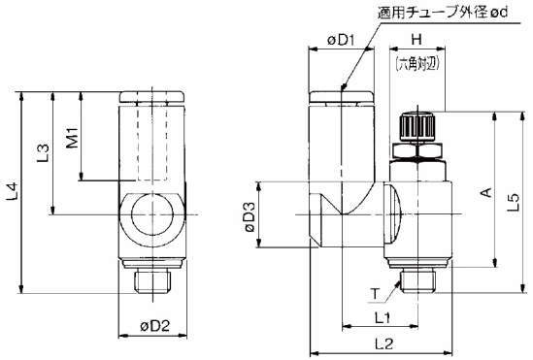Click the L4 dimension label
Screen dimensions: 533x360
(13, 192)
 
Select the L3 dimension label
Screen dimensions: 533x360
(43, 153)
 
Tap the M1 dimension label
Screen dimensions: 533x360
(73, 138)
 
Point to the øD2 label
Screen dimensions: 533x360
(154, 326)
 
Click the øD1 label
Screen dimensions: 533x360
(341, 41)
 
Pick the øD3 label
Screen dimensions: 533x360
(250, 217)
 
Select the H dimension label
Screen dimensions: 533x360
(416, 40)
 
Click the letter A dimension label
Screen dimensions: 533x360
(486, 192)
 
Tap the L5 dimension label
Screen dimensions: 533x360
(514, 203)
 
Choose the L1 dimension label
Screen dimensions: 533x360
(383, 318)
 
